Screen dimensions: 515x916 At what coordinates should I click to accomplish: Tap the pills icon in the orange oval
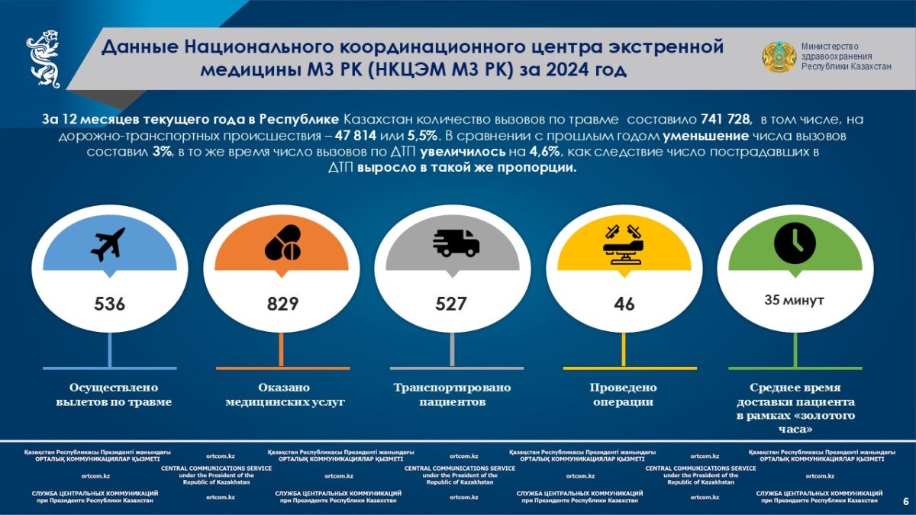(x=282, y=243)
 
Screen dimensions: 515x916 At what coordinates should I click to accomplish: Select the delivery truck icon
(x=456, y=243)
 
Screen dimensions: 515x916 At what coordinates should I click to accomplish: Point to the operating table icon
(x=624, y=243)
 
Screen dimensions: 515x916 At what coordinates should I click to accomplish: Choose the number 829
(x=282, y=304)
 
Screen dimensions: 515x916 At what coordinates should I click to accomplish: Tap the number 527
(x=451, y=304)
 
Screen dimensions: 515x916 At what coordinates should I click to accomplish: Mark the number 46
(x=624, y=304)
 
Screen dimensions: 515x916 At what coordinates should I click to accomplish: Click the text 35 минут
(x=794, y=301)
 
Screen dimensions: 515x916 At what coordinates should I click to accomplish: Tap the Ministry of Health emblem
(x=779, y=58)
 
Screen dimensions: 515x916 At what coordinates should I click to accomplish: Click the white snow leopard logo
(x=44, y=59)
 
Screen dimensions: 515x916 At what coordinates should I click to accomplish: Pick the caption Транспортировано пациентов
(x=452, y=394)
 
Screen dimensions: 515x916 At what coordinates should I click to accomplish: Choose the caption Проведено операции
(x=624, y=394)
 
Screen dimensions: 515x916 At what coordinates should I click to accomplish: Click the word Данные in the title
(x=141, y=47)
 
